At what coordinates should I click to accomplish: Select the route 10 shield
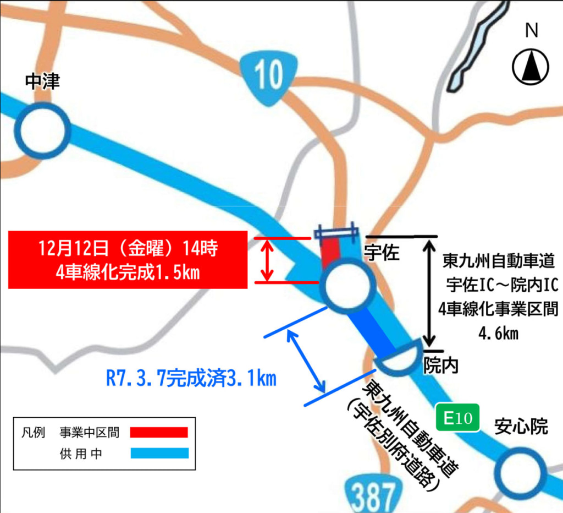[269, 74]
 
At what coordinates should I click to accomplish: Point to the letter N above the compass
[531, 32]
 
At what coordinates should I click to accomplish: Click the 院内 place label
[441, 364]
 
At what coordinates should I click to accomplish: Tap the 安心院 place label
[521, 426]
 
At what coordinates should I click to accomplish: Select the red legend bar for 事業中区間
[159, 432]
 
